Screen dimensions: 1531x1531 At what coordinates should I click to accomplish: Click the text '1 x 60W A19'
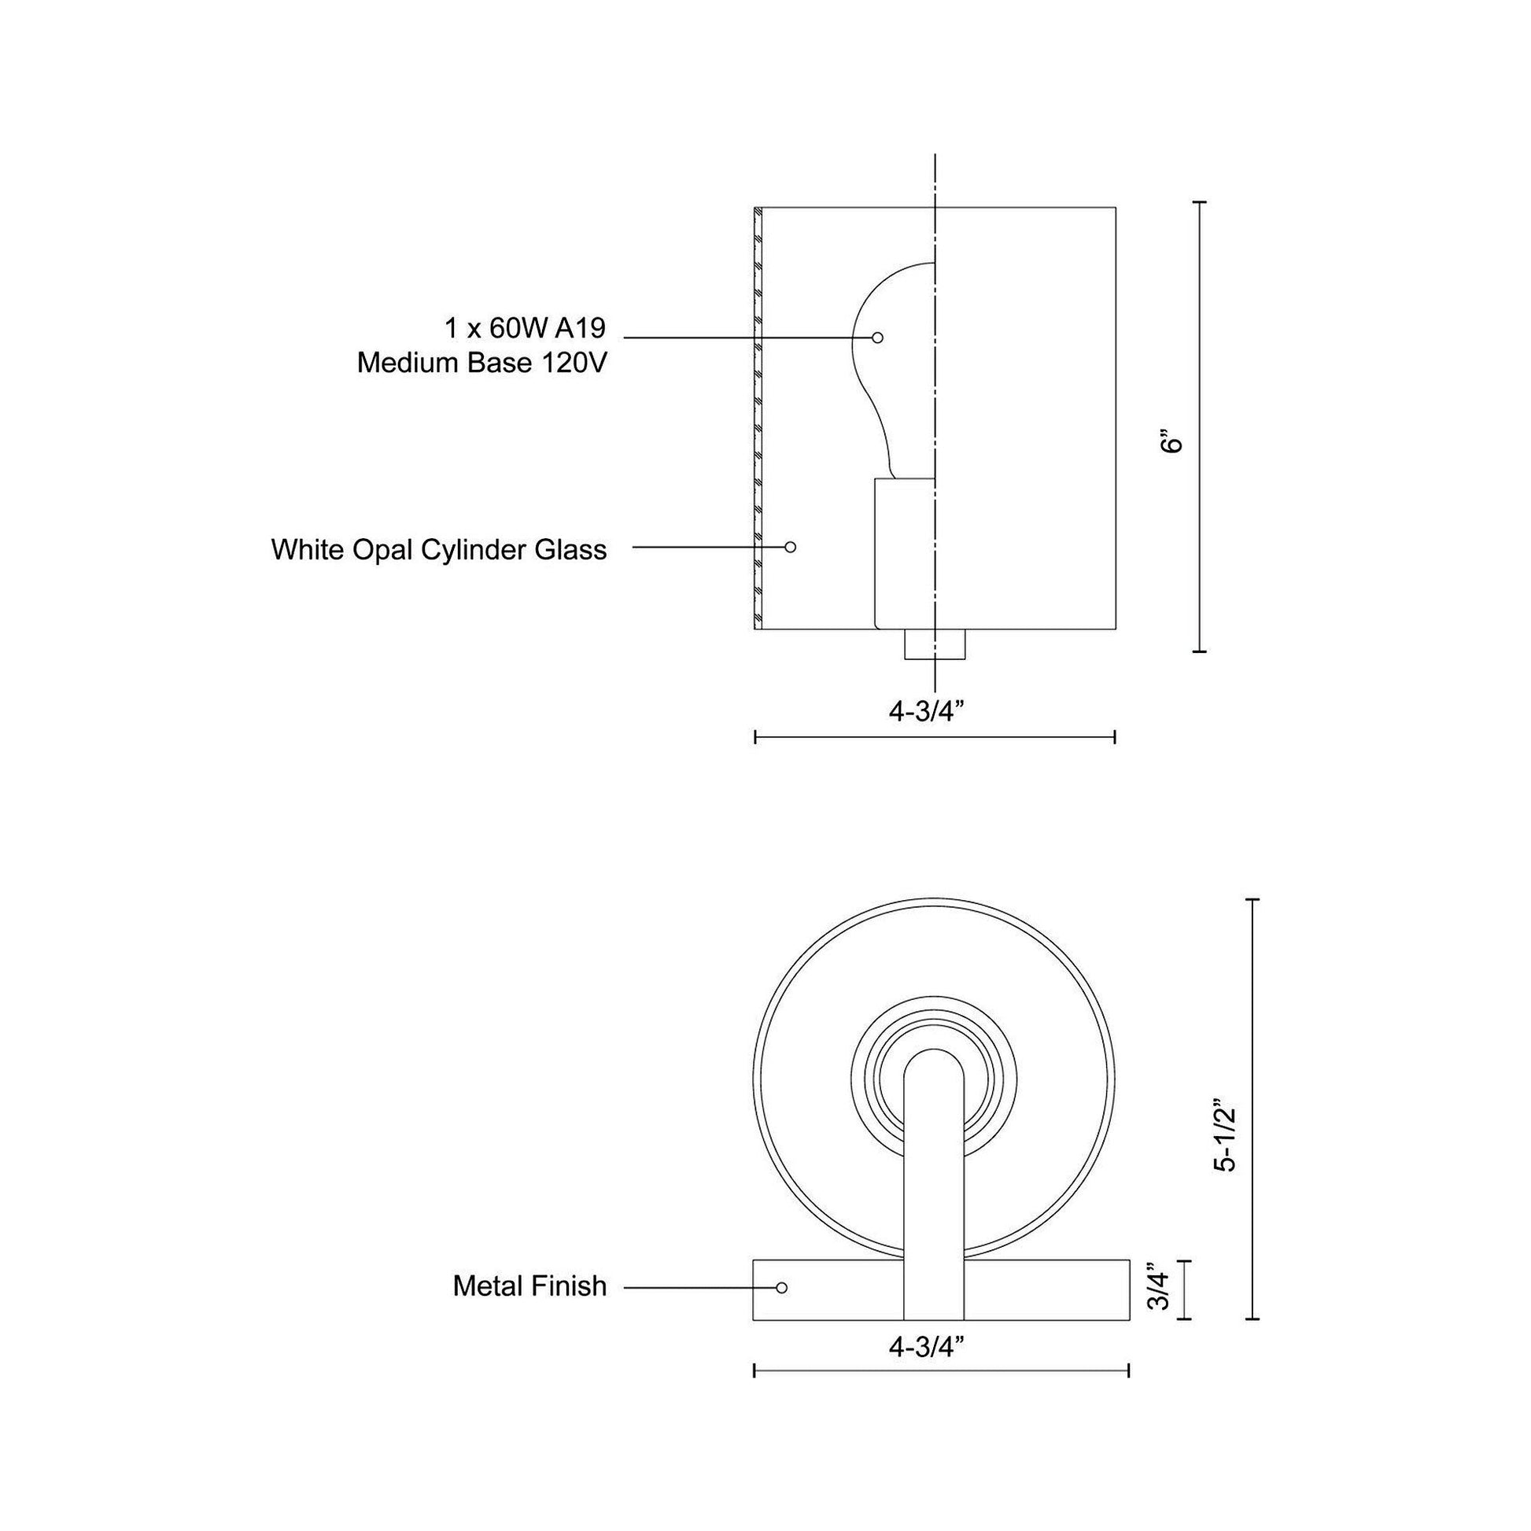(x=525, y=327)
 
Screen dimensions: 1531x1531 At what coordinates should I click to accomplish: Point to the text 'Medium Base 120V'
(x=481, y=363)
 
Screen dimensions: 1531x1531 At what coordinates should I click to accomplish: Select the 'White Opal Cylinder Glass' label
(x=438, y=549)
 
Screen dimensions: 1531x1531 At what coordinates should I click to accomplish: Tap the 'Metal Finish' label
(x=529, y=1286)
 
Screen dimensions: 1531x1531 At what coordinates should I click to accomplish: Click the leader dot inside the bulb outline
(x=877, y=338)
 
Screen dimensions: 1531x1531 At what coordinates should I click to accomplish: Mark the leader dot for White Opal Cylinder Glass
(x=790, y=547)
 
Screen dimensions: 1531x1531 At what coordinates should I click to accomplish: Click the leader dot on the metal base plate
(x=782, y=1288)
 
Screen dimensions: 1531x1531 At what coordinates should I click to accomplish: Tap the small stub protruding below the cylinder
(x=935, y=644)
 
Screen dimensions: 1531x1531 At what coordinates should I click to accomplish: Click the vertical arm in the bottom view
(x=935, y=1189)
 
